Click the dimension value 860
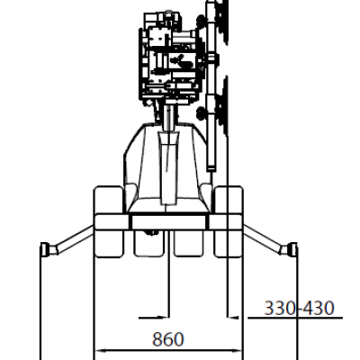pyautogui.click(x=167, y=339)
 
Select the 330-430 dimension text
pyautogui.click(x=299, y=308)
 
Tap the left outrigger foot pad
pyautogui.click(x=44, y=249)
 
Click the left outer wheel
pyautogui.click(x=109, y=221)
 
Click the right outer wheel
pyautogui.click(x=228, y=221)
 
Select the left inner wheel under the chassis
pyautogui.click(x=148, y=244)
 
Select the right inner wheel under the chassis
pyautogui.click(x=189, y=244)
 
